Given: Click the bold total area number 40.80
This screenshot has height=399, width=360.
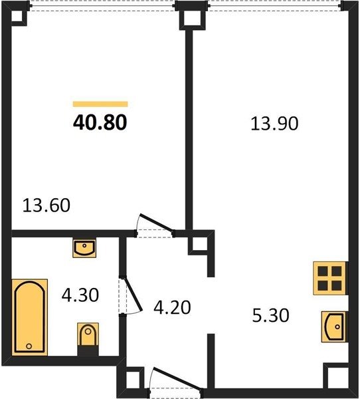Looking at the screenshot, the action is click(x=100, y=122).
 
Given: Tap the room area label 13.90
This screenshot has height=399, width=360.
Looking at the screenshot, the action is click(x=274, y=124).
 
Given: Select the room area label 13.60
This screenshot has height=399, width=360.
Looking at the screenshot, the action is click(x=46, y=205).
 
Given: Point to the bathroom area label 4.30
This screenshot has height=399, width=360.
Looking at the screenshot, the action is click(x=80, y=295).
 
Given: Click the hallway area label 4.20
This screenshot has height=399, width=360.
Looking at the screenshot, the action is click(x=172, y=307).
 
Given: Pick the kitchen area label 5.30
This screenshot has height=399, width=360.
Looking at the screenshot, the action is click(x=270, y=315).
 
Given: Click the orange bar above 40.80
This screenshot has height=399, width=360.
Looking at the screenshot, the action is click(x=100, y=104).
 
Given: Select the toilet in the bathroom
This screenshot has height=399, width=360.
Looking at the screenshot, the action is click(x=88, y=336).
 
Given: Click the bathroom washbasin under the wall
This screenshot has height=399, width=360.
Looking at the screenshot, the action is click(x=84, y=248).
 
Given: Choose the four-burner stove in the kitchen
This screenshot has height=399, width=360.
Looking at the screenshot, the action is click(x=329, y=278).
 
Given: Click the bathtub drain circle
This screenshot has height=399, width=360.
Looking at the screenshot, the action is click(x=29, y=346).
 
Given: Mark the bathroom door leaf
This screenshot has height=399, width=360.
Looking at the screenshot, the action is click(x=133, y=294).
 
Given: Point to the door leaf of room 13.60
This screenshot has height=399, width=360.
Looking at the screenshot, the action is click(x=157, y=223).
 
